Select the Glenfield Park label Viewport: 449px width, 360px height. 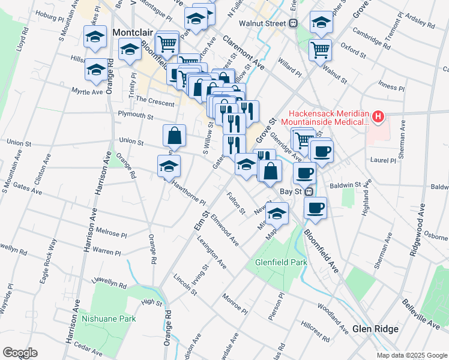tap(281, 262)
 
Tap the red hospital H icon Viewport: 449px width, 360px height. tap(378, 116)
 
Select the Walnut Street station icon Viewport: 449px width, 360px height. tap(294, 23)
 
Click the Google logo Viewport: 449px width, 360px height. tap(20, 353)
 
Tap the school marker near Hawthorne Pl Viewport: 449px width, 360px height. tap(169, 166)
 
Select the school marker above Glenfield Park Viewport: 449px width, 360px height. tap(277, 213)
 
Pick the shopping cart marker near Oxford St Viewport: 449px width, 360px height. tap(321, 49)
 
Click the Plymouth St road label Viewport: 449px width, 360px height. tap(136, 115)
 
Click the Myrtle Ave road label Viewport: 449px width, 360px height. tap(88, 92)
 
